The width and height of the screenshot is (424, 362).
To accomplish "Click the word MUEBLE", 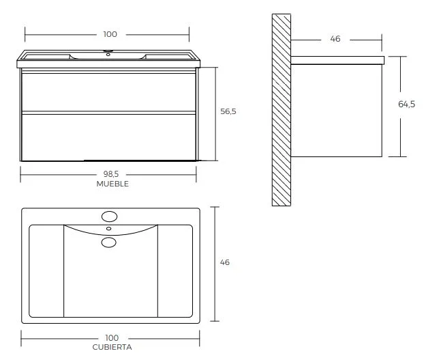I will tap(112, 184).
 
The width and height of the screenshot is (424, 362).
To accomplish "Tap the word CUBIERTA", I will tap(112, 347).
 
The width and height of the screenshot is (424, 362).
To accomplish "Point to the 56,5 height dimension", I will tap(228, 111).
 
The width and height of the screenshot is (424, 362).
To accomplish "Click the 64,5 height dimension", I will tap(406, 105).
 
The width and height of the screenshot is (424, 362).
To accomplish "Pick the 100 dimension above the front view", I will tap(110, 34).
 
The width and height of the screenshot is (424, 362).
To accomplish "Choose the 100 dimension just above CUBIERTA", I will tap(112, 338).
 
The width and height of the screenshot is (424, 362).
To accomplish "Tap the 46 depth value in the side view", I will tap(335, 39).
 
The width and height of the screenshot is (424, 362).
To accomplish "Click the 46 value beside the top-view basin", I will tap(225, 263).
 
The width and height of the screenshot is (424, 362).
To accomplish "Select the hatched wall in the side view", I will tap(282, 109).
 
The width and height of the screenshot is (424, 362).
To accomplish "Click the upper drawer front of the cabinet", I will tap(109, 91).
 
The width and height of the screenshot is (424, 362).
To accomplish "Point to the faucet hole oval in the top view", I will tap(108, 217).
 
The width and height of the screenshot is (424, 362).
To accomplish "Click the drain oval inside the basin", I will tap(108, 242).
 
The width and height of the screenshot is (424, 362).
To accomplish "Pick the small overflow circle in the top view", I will tap(108, 228).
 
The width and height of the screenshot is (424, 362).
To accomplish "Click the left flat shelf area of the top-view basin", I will tap(46, 270).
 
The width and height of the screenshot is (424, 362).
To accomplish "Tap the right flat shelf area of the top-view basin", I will tap(175, 270).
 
